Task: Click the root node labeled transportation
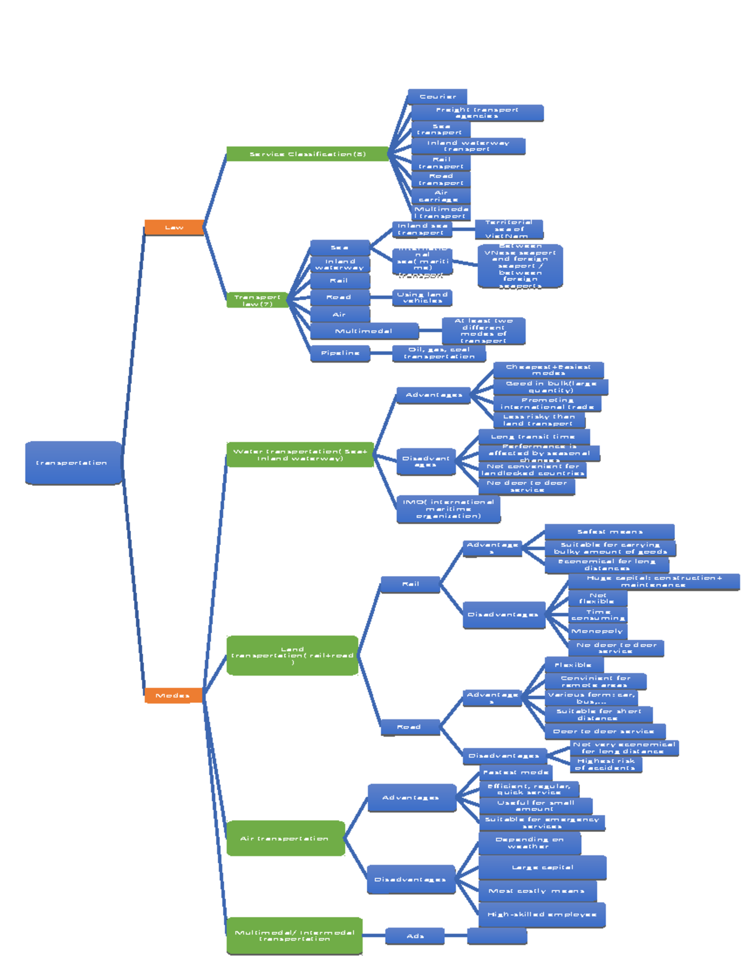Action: (x=73, y=463)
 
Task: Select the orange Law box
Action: (x=174, y=227)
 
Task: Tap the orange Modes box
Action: (x=173, y=695)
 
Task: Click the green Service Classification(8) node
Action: (x=308, y=154)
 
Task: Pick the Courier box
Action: (x=437, y=96)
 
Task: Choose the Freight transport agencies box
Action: (x=477, y=112)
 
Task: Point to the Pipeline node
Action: (x=340, y=353)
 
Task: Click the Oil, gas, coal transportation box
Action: (x=439, y=353)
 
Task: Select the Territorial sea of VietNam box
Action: (x=509, y=229)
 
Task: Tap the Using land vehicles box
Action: (x=422, y=298)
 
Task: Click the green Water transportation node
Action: (x=300, y=454)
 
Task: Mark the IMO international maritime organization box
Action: (x=448, y=509)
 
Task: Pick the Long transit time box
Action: (x=534, y=437)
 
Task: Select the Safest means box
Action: (x=609, y=532)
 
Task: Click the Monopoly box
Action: (x=597, y=631)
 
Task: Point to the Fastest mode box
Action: (x=516, y=773)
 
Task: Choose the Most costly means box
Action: (x=537, y=891)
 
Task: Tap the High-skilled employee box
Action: (x=542, y=915)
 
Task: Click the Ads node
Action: (x=415, y=936)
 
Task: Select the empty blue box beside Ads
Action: (x=497, y=936)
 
